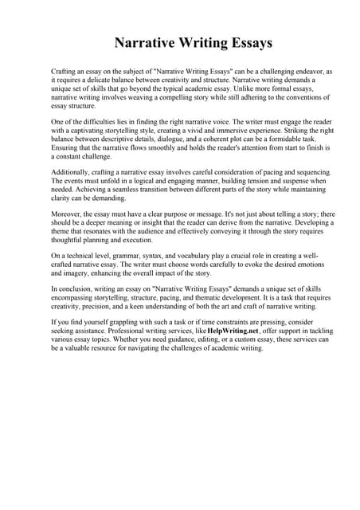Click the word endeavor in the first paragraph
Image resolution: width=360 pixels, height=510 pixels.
click(x=306, y=72)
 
